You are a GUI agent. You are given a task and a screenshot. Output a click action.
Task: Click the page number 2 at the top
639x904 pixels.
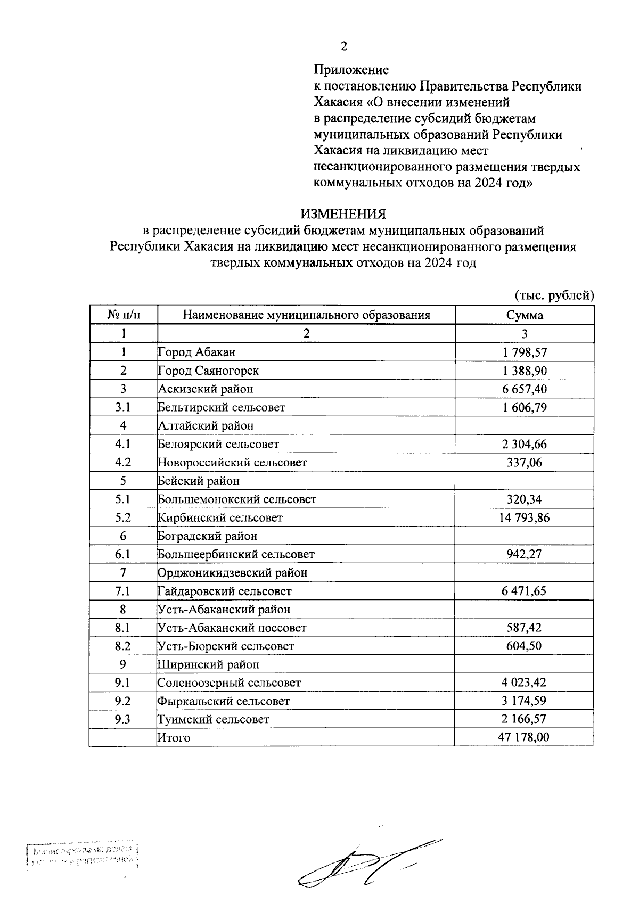343,46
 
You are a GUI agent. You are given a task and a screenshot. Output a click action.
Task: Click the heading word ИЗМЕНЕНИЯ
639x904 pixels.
343,214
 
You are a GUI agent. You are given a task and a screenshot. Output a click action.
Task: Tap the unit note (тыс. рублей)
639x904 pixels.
554,295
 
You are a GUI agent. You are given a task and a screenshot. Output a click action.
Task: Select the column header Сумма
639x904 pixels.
525,315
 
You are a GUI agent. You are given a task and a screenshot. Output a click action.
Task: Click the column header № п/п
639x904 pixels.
124,315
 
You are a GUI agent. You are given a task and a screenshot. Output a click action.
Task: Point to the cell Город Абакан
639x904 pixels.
197,352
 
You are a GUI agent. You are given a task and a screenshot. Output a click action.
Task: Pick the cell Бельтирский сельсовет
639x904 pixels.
222,407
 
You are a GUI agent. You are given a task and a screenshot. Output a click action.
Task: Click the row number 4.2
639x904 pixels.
123,462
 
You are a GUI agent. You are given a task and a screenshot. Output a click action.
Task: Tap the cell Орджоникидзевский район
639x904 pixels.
233,573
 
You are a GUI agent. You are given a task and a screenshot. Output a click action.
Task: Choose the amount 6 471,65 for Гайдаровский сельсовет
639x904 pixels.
524,591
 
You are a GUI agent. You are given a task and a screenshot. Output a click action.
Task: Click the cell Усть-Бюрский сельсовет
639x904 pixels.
226,646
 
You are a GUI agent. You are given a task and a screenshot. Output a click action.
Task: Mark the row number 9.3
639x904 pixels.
123,719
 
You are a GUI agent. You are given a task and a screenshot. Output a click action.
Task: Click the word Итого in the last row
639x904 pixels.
174,738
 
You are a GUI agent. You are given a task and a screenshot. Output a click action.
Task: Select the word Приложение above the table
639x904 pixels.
351,70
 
